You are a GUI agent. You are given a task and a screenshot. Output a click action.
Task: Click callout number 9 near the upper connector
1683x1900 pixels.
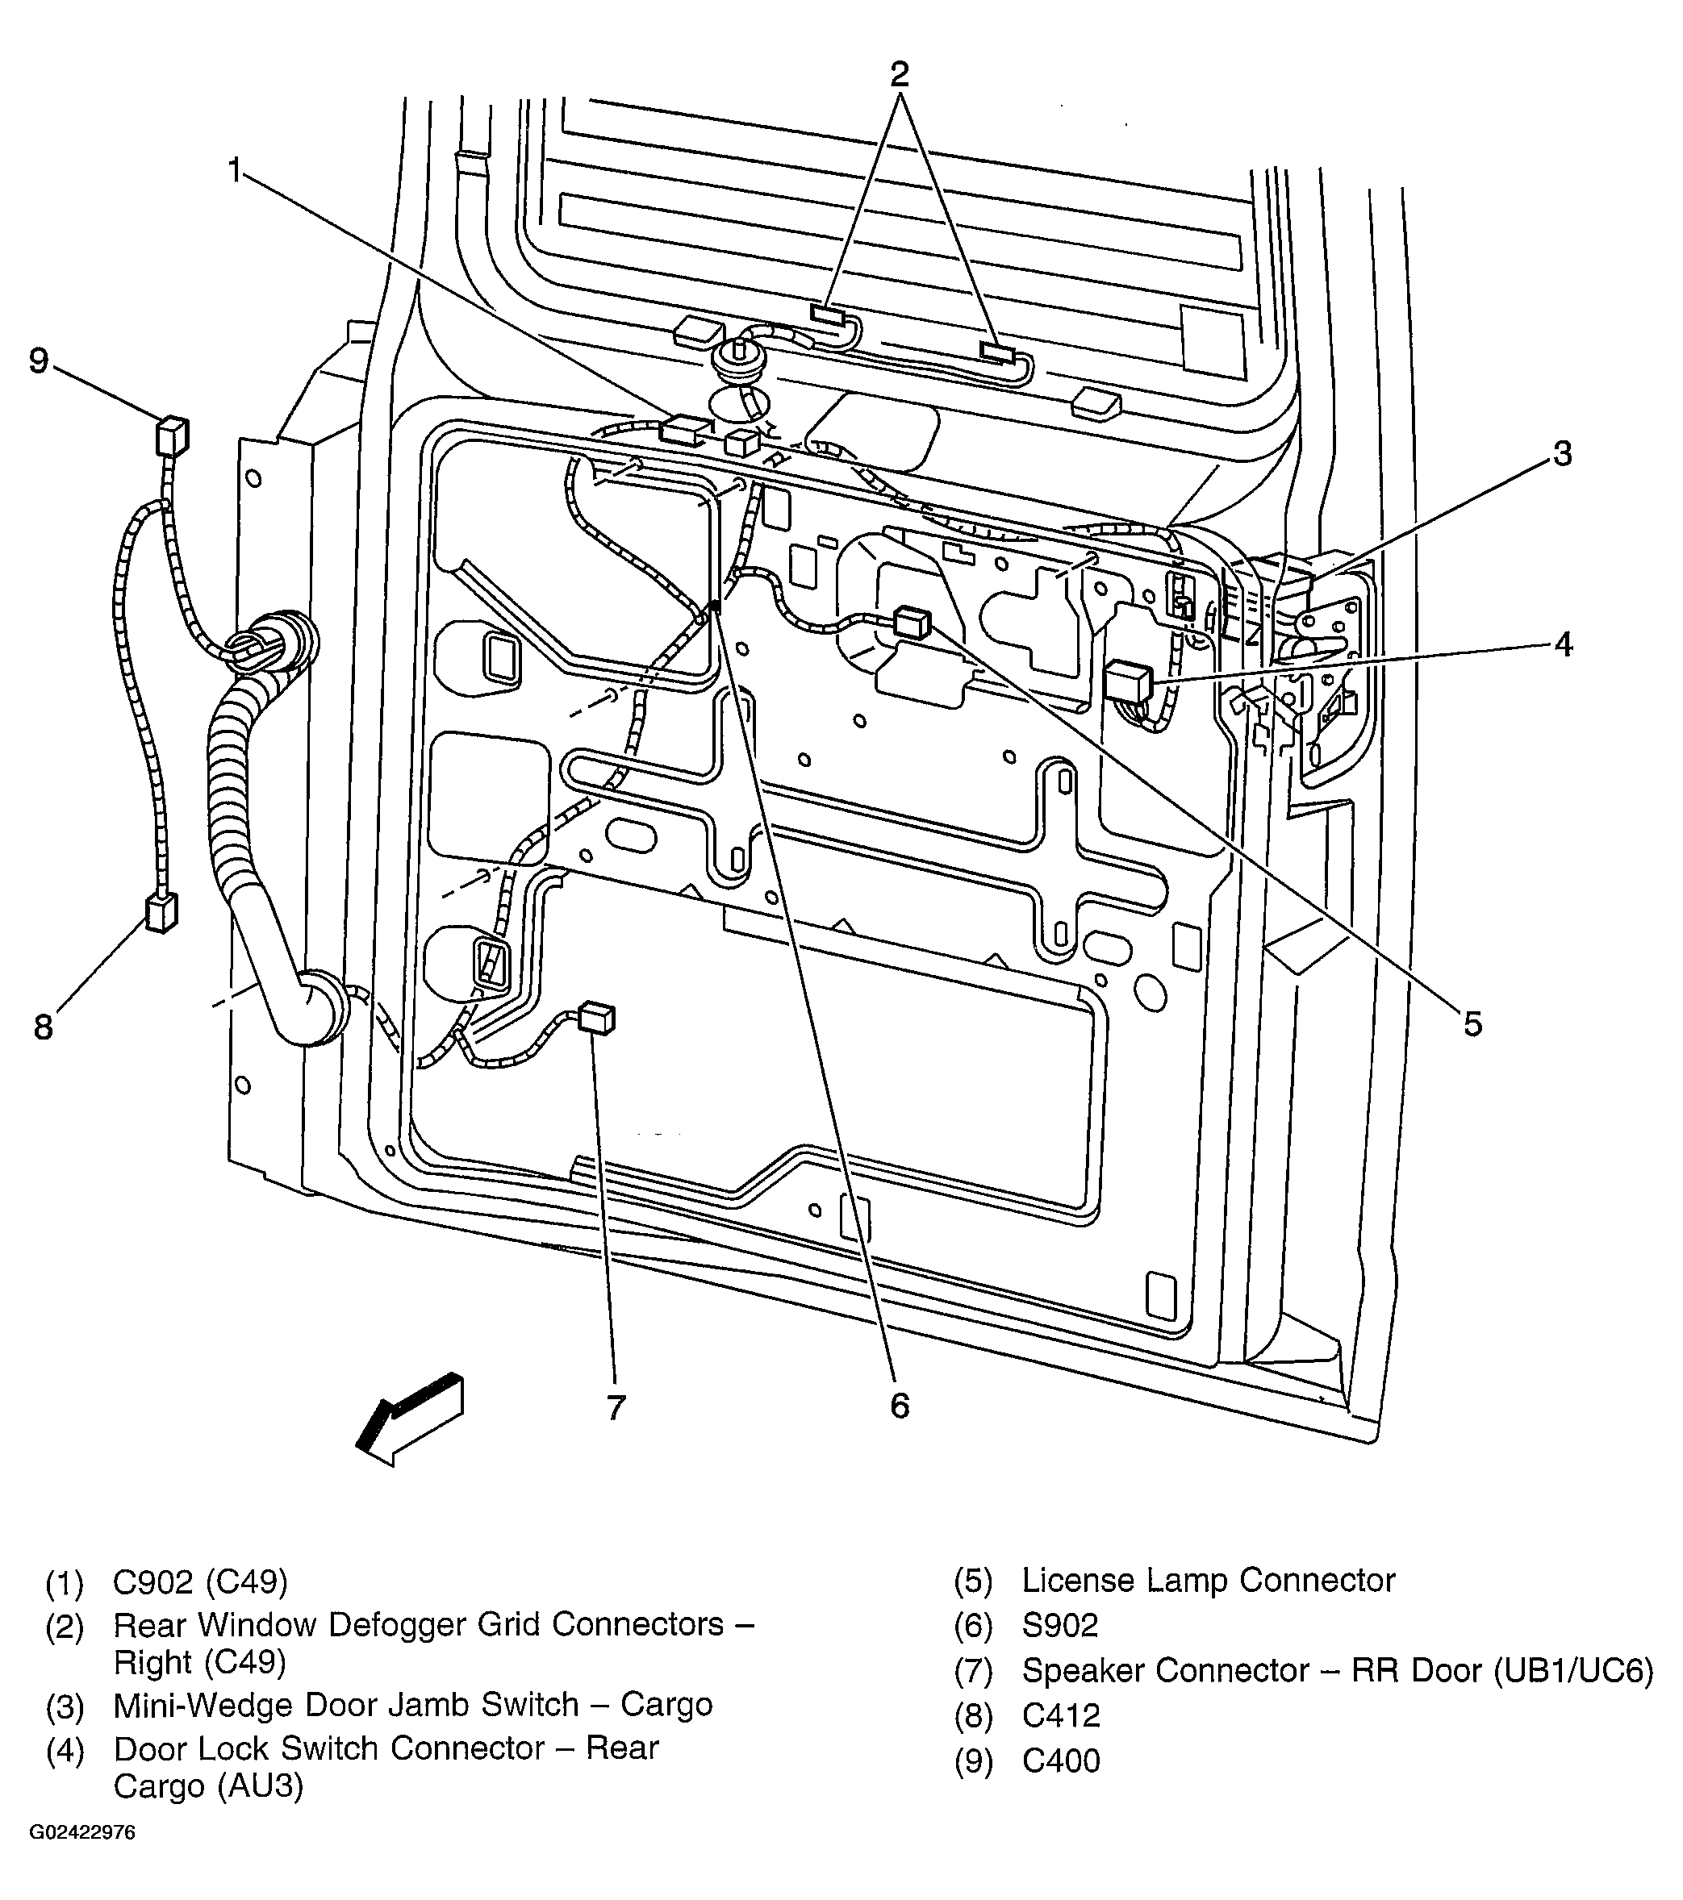38,360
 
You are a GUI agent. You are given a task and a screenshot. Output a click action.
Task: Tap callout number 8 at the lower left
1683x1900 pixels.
44,1027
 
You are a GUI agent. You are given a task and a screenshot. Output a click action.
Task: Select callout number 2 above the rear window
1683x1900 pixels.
898,74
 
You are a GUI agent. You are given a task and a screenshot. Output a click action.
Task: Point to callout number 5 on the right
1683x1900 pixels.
1472,1024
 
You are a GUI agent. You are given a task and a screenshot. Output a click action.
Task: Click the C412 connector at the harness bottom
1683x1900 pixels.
161,912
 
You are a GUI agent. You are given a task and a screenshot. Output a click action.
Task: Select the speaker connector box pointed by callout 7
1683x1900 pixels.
596,1018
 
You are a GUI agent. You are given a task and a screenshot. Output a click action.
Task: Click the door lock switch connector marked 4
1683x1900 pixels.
1128,682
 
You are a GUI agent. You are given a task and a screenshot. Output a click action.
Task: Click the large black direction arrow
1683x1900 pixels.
410,1419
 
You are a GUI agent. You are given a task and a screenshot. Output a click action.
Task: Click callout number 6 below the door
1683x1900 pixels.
899,1406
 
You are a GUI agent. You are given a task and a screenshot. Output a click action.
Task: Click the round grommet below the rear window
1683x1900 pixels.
737,358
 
